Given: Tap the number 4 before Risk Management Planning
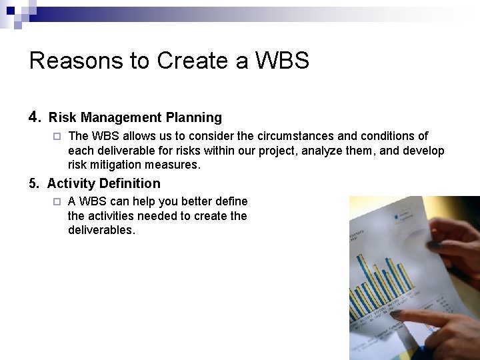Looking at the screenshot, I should click(x=35, y=117).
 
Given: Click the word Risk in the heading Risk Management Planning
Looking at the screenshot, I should click(x=62, y=118).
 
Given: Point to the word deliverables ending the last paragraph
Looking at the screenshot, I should click(x=101, y=230).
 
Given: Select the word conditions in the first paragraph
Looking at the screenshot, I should click(x=368, y=136).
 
